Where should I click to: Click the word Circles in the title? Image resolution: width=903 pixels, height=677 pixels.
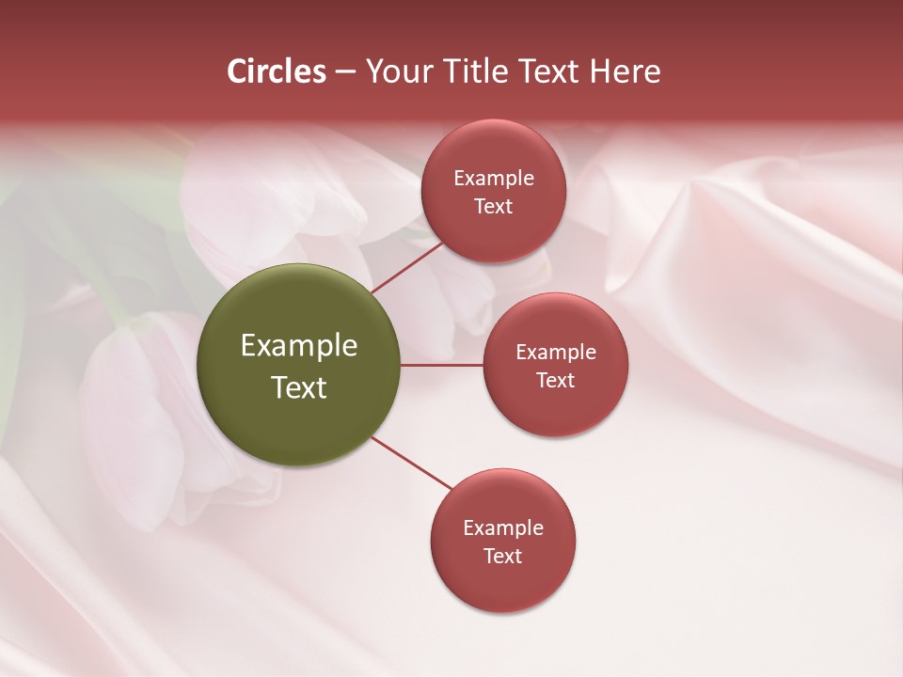(277, 71)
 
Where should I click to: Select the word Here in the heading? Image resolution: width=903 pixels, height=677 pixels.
(625, 71)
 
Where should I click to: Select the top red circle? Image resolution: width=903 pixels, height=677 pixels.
(494, 191)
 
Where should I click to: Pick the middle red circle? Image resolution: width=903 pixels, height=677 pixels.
(556, 365)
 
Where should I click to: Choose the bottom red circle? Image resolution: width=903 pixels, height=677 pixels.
(503, 542)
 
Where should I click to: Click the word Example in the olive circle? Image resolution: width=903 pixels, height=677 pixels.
(299, 346)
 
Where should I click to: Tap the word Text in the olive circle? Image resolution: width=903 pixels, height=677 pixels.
(299, 387)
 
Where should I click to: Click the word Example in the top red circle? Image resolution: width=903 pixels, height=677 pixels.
(494, 179)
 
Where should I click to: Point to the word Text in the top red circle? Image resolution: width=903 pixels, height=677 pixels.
(494, 206)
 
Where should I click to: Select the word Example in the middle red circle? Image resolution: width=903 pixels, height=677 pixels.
(556, 353)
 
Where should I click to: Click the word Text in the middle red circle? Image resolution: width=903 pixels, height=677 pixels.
(556, 380)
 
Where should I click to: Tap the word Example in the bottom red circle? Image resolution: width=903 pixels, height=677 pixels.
(503, 528)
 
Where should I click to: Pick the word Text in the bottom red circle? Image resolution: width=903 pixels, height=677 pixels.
(503, 556)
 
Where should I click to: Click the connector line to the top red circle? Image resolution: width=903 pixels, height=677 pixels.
(407, 266)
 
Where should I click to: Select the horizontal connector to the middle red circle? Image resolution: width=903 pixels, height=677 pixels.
(442, 364)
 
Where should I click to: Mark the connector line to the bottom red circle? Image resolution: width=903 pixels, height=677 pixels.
(412, 463)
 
